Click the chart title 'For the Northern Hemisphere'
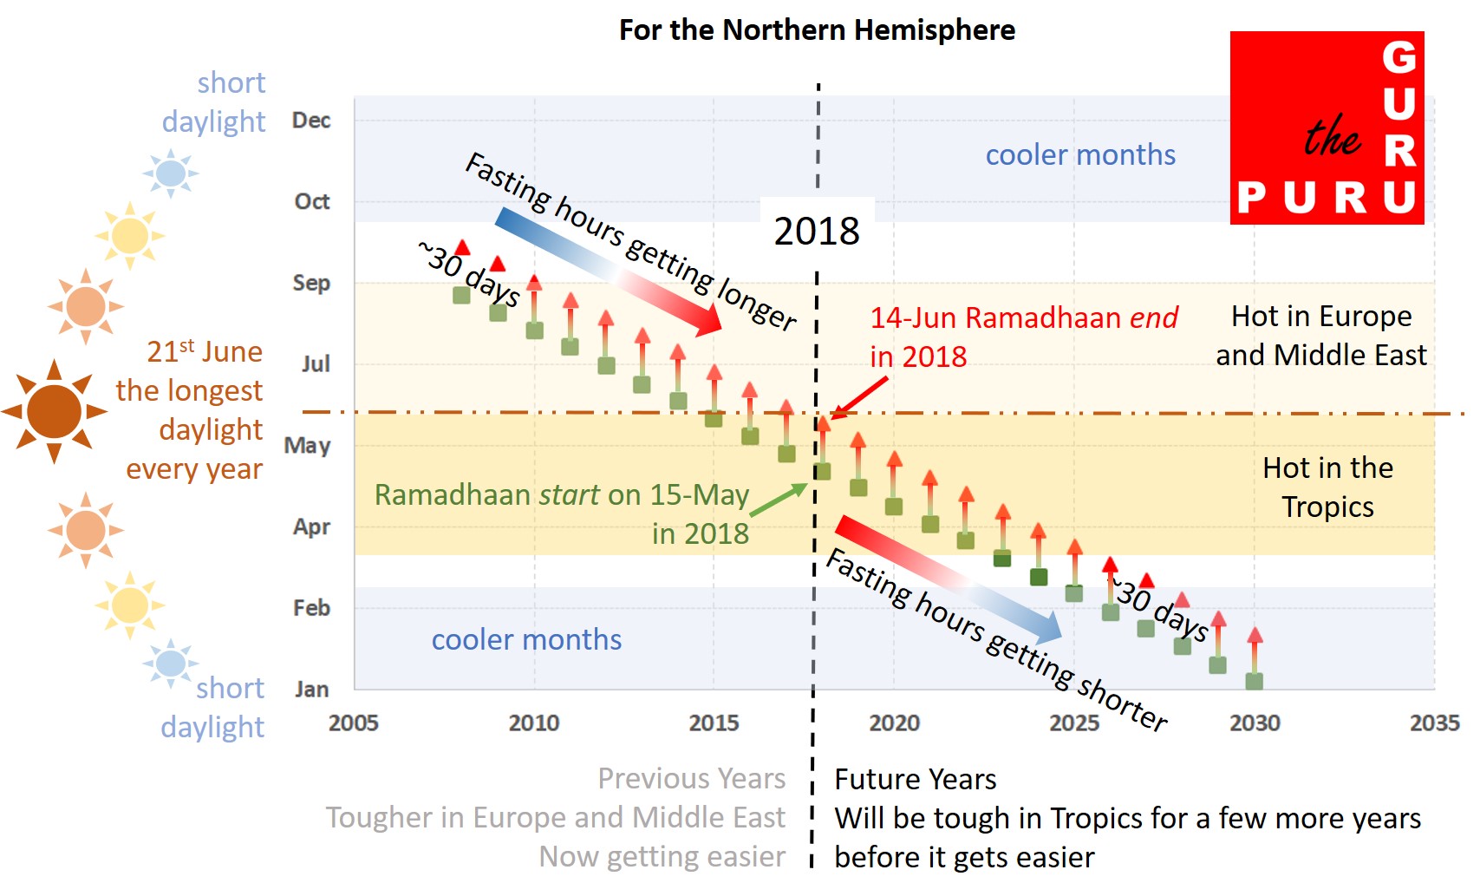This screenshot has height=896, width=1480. click(817, 30)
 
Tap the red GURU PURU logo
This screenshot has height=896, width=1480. click(1327, 128)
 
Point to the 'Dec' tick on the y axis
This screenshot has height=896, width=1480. click(311, 121)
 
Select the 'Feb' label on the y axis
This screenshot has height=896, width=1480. click(311, 608)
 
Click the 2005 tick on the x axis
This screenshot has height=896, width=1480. click(354, 723)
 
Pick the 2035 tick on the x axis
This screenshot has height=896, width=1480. click(1434, 723)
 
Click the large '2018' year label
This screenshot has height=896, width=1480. click(817, 232)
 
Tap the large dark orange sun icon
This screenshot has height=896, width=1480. click(54, 411)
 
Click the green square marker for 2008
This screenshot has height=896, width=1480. click(462, 295)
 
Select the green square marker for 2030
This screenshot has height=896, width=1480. click(1254, 682)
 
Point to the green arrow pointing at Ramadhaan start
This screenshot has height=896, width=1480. click(778, 500)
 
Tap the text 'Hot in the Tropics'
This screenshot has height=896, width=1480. click(1327, 487)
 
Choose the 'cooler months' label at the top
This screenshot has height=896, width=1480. click(1080, 154)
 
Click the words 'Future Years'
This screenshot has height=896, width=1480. click(915, 779)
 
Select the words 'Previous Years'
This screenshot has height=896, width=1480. click(691, 778)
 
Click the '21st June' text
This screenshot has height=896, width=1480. click(205, 351)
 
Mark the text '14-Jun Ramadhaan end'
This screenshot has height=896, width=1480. click(1024, 317)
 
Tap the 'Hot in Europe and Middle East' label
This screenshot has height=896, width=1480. click(1320, 336)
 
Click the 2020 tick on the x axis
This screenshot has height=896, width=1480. click(894, 723)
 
